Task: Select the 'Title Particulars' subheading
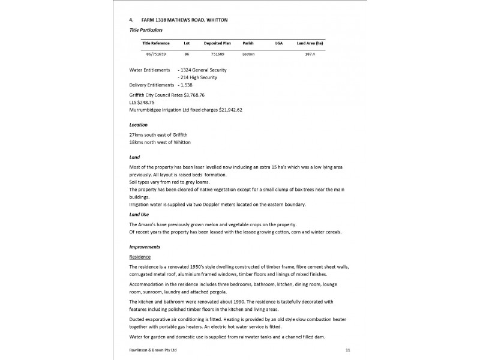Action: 146,29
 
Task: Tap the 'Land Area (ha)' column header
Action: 310,44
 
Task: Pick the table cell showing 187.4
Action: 310,54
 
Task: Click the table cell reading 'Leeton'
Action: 248,54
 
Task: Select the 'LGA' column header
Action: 279,44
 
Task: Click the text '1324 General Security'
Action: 203,70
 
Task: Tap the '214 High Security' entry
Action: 199,77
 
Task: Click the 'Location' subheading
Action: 139,125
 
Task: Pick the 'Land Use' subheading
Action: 139,214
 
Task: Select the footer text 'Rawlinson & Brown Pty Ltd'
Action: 153,350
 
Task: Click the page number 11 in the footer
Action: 348,350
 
